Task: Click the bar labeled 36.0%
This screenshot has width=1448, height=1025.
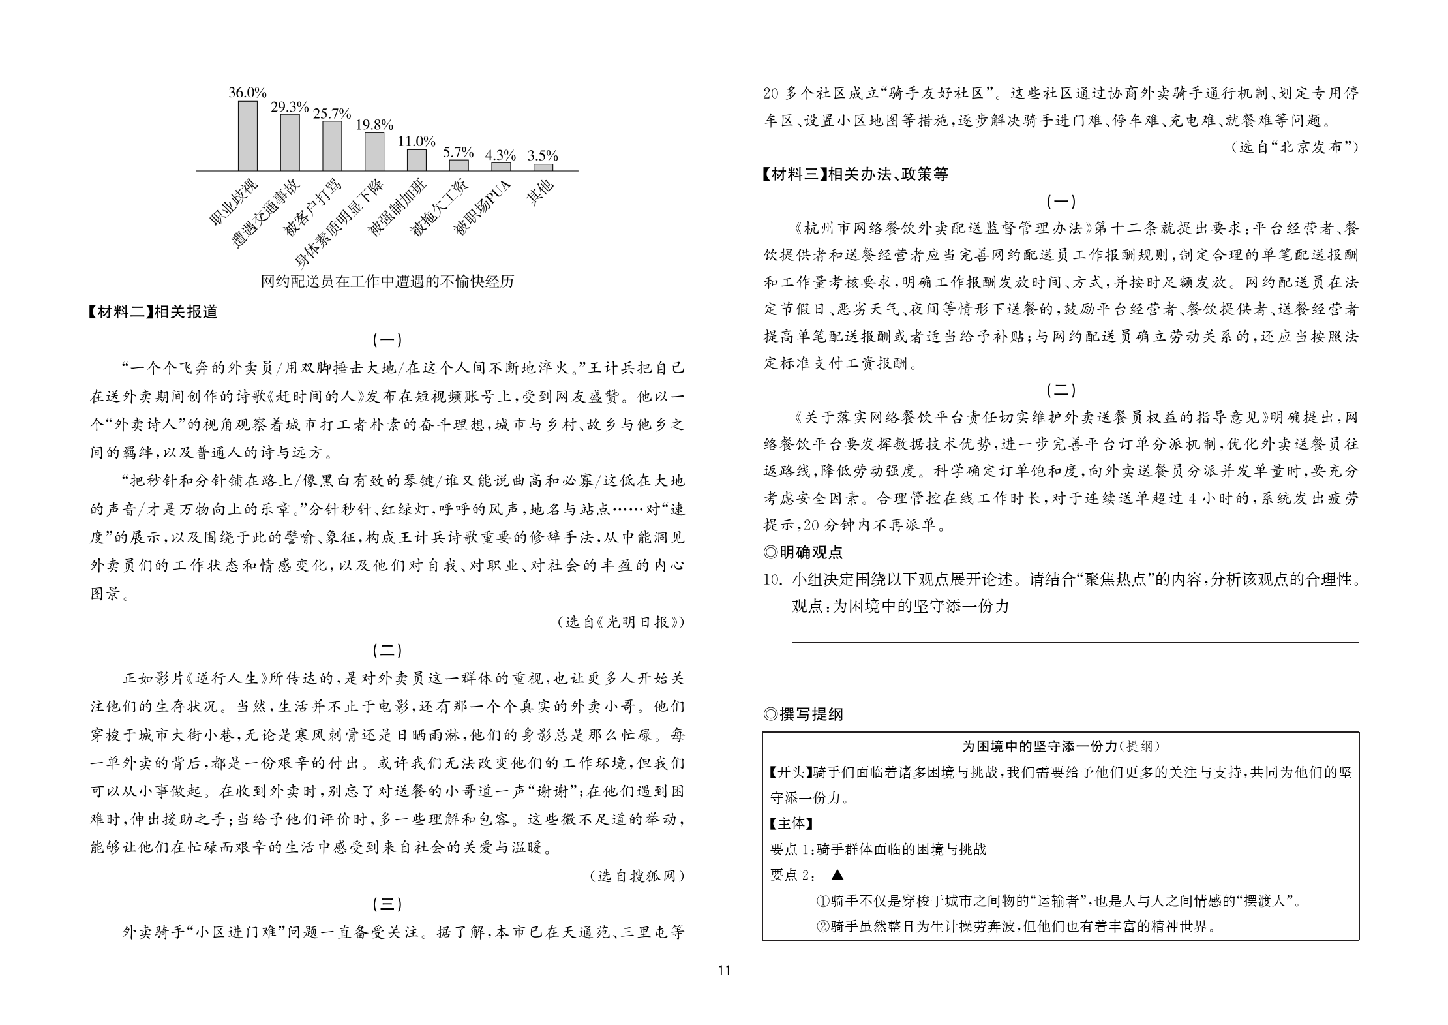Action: [x=247, y=136]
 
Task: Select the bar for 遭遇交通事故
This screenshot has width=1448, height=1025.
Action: [x=290, y=142]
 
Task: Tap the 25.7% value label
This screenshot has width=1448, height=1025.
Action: [x=331, y=114]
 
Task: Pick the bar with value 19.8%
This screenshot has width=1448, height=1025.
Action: [x=374, y=151]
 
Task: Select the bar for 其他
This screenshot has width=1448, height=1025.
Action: [x=543, y=167]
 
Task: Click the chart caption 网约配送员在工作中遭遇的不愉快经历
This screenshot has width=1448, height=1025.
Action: [x=387, y=282]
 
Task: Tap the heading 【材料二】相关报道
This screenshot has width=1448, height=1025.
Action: [x=153, y=312]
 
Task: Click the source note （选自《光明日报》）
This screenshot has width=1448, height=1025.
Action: [x=621, y=622]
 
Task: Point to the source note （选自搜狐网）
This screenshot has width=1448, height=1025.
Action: [x=637, y=876]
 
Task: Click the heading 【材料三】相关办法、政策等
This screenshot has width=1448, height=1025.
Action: [x=855, y=174]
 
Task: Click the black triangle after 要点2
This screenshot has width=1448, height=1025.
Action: [x=838, y=876]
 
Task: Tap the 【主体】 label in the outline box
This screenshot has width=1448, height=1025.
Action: [x=792, y=823]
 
